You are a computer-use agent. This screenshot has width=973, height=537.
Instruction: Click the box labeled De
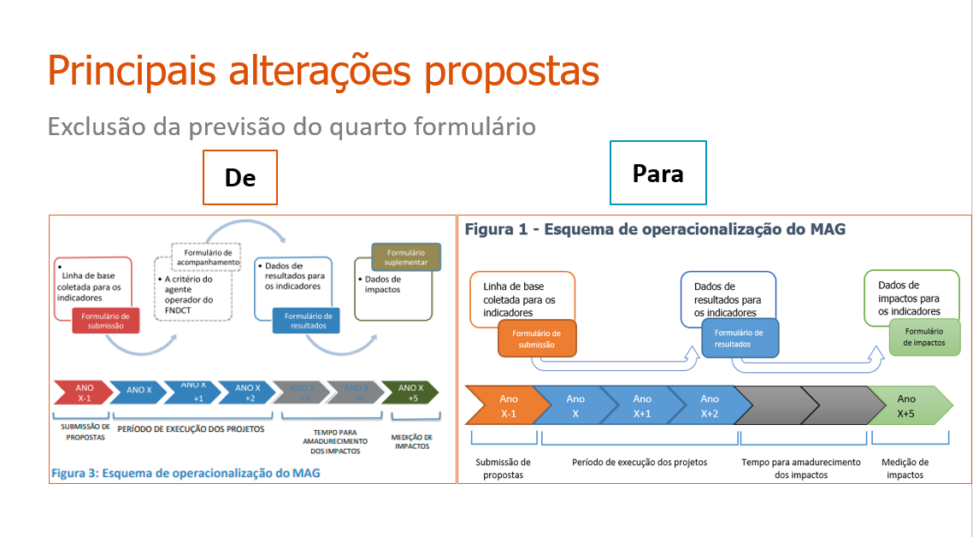click(240, 178)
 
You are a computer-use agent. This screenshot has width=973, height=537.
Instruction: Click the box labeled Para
click(658, 174)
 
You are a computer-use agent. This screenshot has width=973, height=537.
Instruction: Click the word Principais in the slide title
click(121, 70)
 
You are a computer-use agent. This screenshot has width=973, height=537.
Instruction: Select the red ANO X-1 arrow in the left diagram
click(83, 392)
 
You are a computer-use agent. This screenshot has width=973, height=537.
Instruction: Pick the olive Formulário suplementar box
click(406, 257)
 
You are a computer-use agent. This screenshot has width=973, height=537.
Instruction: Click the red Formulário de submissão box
click(105, 321)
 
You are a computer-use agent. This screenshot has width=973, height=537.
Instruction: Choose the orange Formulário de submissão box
click(537, 339)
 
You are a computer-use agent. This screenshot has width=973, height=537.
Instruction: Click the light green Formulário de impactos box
click(924, 336)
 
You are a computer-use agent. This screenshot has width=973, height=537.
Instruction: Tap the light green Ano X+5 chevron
click(908, 405)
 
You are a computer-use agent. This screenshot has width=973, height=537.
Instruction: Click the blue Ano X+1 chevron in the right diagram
click(641, 405)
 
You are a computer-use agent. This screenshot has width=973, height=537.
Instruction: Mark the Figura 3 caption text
click(186, 472)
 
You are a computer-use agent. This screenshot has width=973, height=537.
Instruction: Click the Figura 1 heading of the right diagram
click(655, 229)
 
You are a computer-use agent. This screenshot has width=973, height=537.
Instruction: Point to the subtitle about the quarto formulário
click(292, 127)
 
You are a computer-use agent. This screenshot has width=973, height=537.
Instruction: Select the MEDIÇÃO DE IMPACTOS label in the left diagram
click(412, 441)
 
